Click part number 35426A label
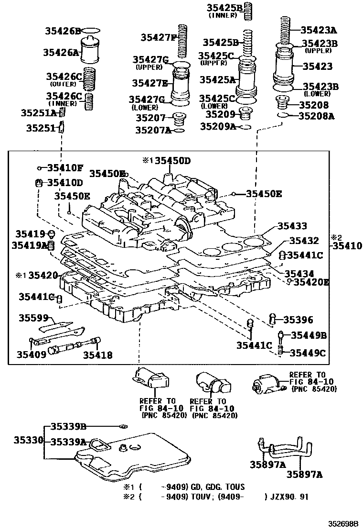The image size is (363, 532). pyautogui.click(x=61, y=53)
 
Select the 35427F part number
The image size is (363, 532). pyautogui.click(x=158, y=37)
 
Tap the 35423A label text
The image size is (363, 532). pyautogui.click(x=319, y=29)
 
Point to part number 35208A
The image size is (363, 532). pyautogui.click(x=316, y=116)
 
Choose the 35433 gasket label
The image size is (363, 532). pyautogui.click(x=292, y=227)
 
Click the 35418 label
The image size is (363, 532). pyautogui.click(x=97, y=355)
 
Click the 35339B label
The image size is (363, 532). pyautogui.click(x=68, y=427)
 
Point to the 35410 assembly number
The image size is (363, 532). pyautogui.click(x=347, y=246)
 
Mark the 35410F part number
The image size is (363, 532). pyautogui.click(x=65, y=168)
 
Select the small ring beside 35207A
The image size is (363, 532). pyautogui.click(x=179, y=130)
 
